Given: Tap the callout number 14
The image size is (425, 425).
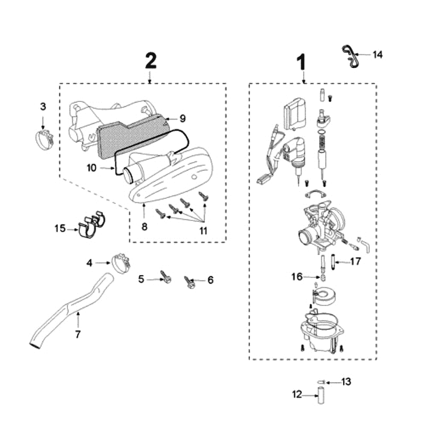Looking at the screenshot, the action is point(378,55).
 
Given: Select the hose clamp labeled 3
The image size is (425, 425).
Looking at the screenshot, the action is point(44,140).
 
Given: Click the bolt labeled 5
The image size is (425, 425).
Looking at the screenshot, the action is point(166,277).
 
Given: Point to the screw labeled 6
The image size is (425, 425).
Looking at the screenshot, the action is point(189,283).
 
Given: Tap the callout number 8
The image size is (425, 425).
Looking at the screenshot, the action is point(144,227).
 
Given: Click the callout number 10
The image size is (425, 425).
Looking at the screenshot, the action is point(91,168).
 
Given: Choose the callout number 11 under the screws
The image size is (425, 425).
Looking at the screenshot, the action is point(203,231).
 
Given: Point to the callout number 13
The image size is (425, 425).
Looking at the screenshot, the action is point(346,381).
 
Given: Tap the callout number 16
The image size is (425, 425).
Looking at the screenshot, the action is point(296,276).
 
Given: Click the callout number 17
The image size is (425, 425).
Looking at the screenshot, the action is point(355,261).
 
